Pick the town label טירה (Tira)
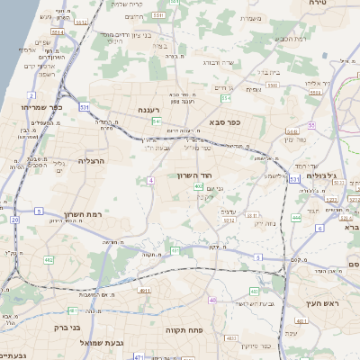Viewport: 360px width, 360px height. (342, 4)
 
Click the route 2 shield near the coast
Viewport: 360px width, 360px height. (31, 94)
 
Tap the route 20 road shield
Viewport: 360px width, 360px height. (15, 219)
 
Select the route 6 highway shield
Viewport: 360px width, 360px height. (319, 228)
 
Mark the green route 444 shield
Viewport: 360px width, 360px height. (297, 218)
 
